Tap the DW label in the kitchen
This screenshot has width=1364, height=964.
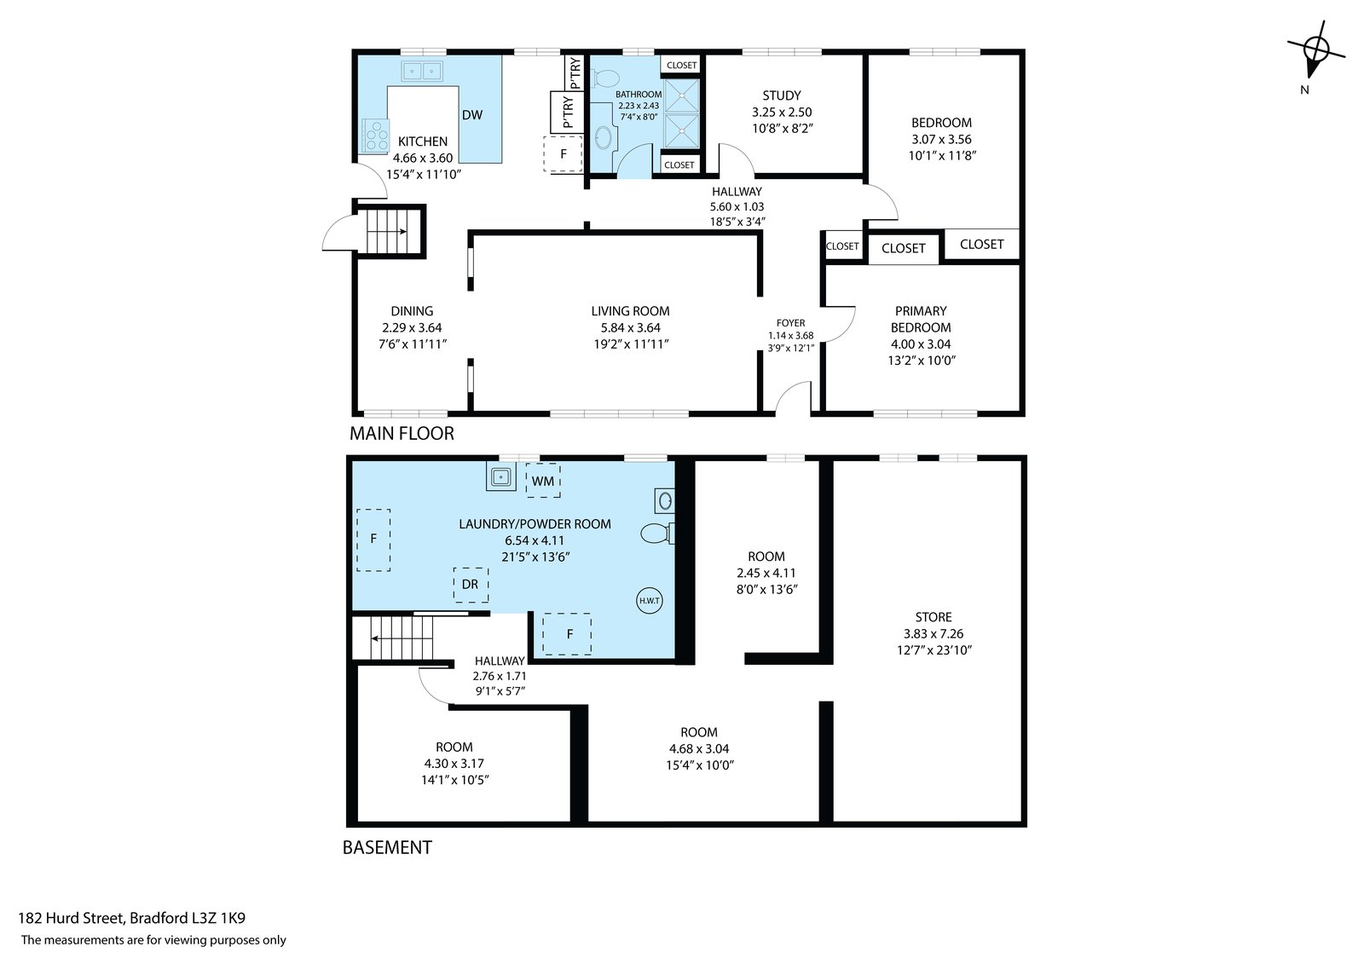coord(472,114)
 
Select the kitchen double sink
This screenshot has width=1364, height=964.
coord(422,72)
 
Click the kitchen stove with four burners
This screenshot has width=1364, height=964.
coord(374,136)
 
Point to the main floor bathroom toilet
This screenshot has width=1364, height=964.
coord(604,78)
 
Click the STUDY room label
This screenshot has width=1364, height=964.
coord(781,95)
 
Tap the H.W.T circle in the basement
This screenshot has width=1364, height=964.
coord(649,600)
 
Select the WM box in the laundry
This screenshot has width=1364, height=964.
coord(542,481)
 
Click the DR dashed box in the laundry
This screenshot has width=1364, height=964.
coord(470,585)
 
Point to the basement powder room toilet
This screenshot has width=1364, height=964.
coord(657,533)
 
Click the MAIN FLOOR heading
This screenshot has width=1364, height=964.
coord(402,434)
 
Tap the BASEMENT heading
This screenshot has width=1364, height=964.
coord(387,847)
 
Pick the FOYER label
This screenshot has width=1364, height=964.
coord(790,323)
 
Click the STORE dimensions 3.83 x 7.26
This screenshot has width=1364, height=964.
coord(933,633)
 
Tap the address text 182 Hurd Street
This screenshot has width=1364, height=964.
coord(71,918)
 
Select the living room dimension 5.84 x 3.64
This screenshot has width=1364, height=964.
coord(630,327)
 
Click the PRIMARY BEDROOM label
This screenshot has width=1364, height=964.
coord(921,319)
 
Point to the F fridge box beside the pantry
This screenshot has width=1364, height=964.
coord(563,153)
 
